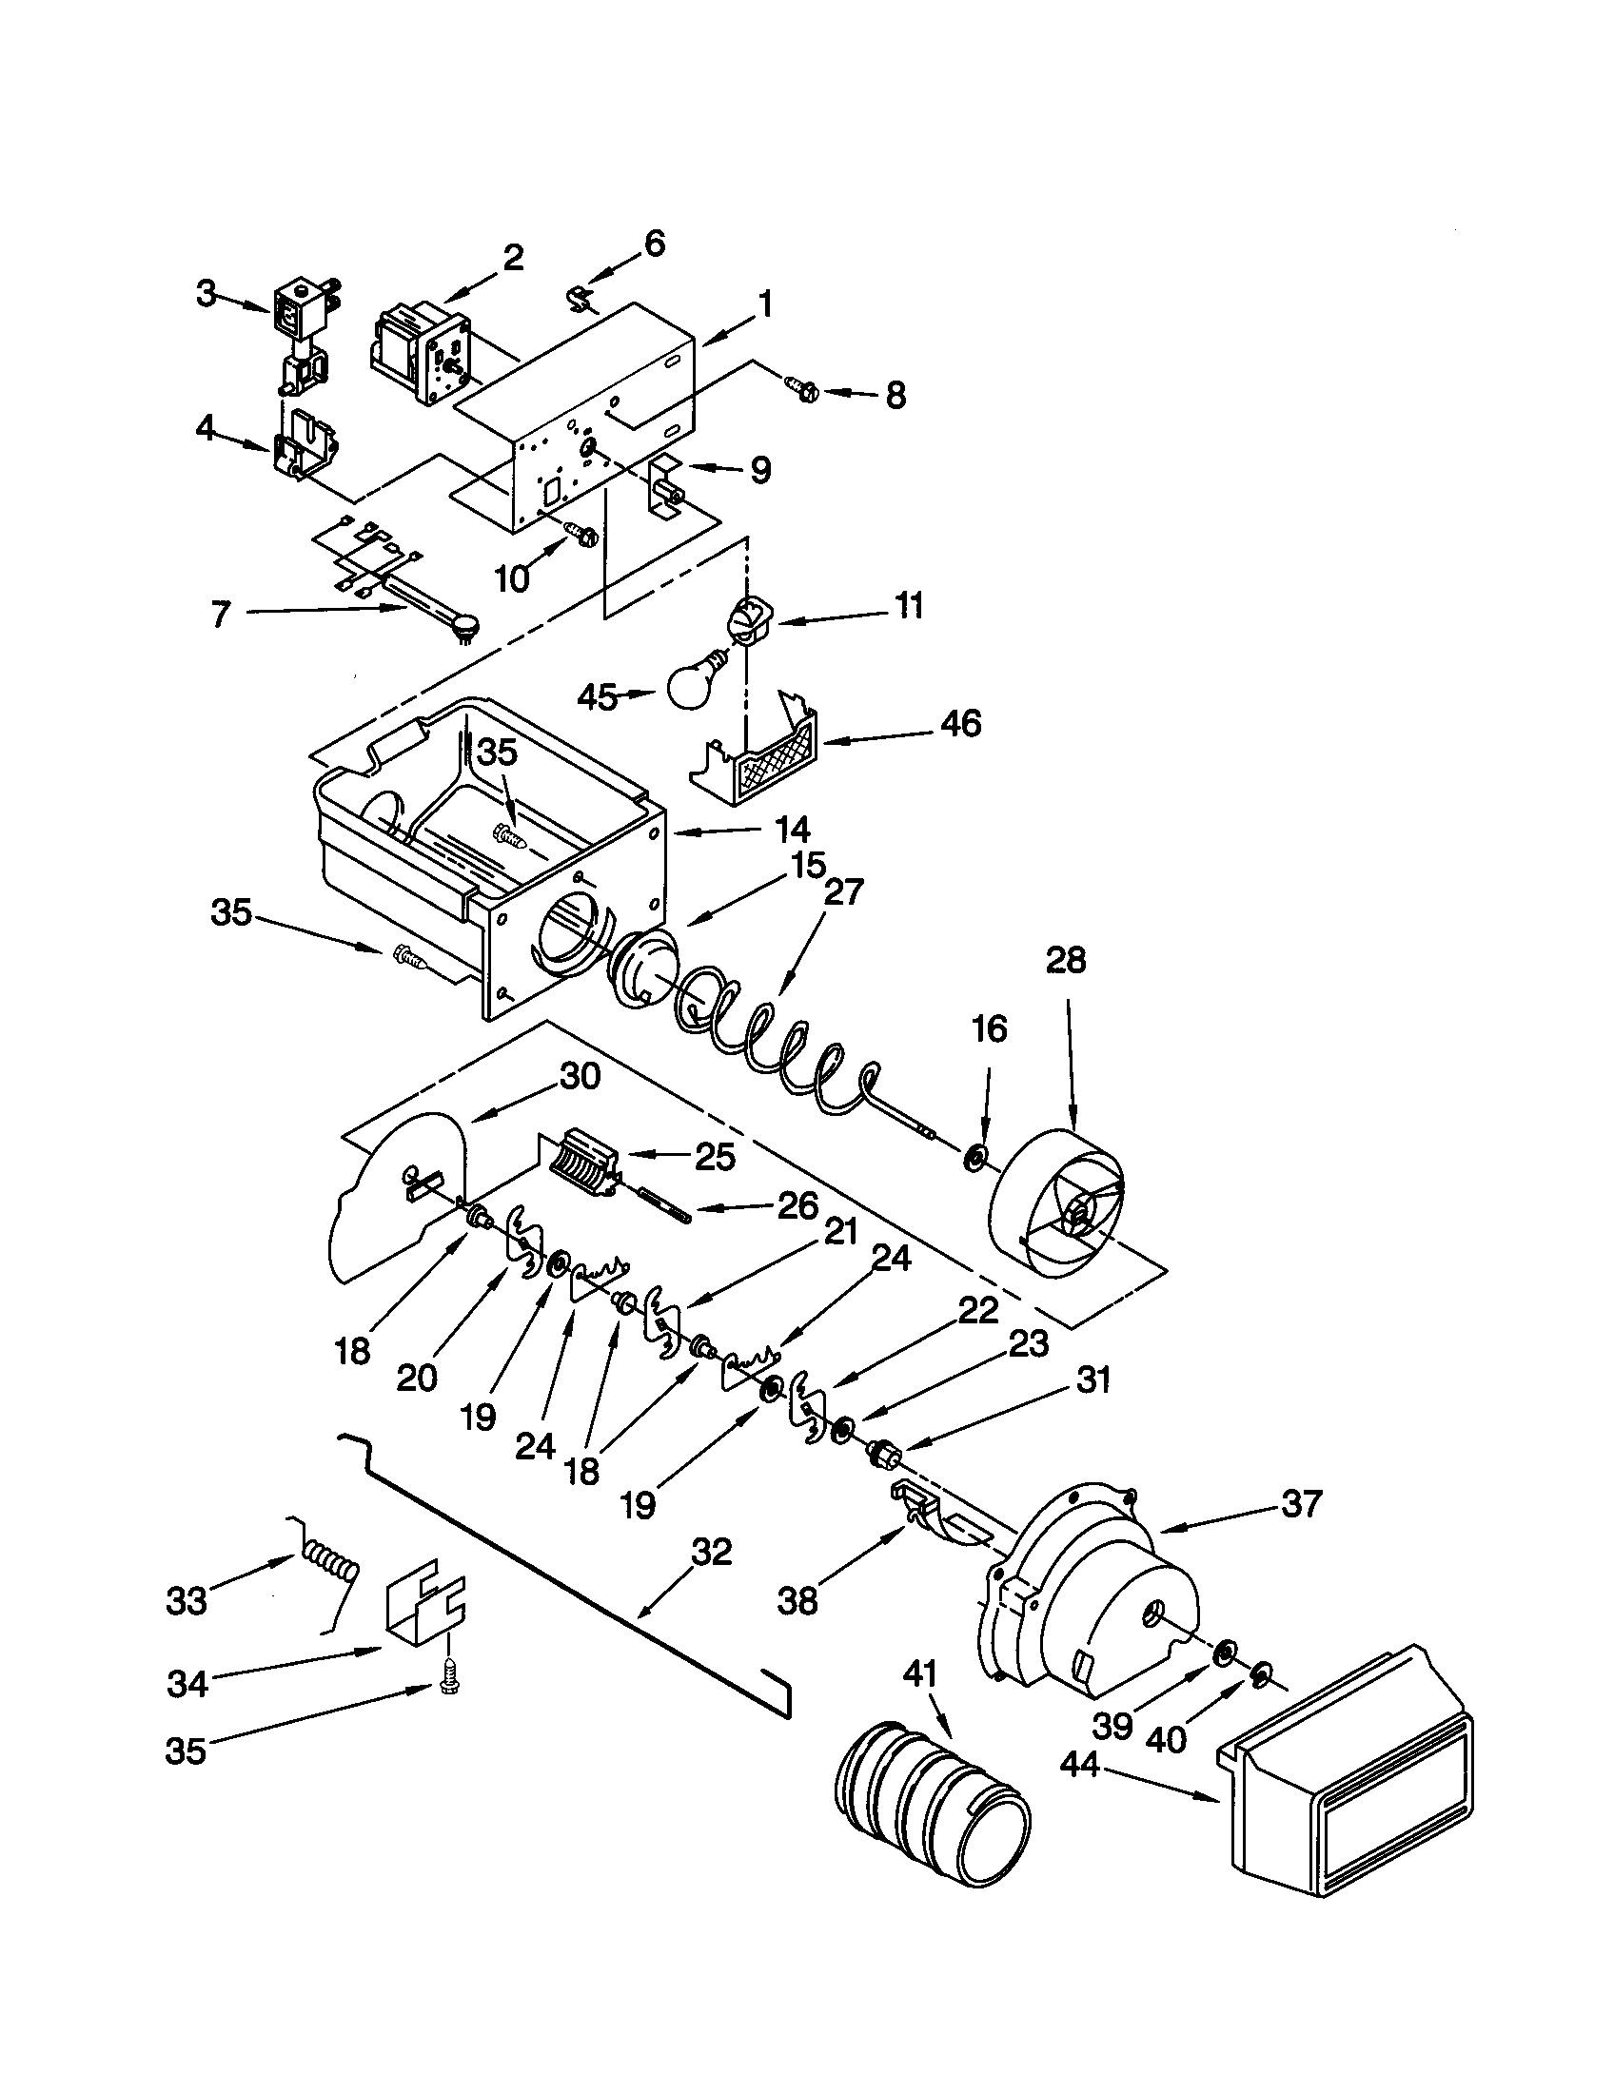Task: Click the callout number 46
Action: (x=960, y=724)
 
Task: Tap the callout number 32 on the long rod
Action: (x=711, y=1552)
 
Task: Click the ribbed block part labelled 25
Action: (x=583, y=1162)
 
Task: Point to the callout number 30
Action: (x=579, y=1077)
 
